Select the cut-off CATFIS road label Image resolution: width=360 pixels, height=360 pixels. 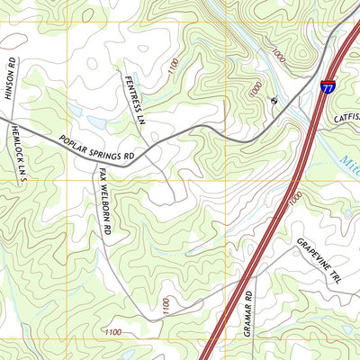(346, 116)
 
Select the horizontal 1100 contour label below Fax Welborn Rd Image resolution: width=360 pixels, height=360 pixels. (112, 332)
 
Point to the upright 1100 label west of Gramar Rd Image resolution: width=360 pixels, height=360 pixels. (165, 306)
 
